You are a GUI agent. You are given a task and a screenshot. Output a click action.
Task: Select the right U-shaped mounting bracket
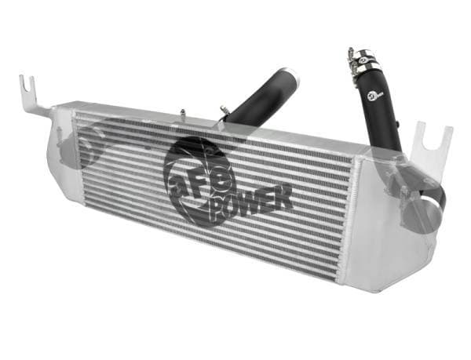click(x=431, y=145)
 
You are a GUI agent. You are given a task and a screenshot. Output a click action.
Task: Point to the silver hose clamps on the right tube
click(x=363, y=60)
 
